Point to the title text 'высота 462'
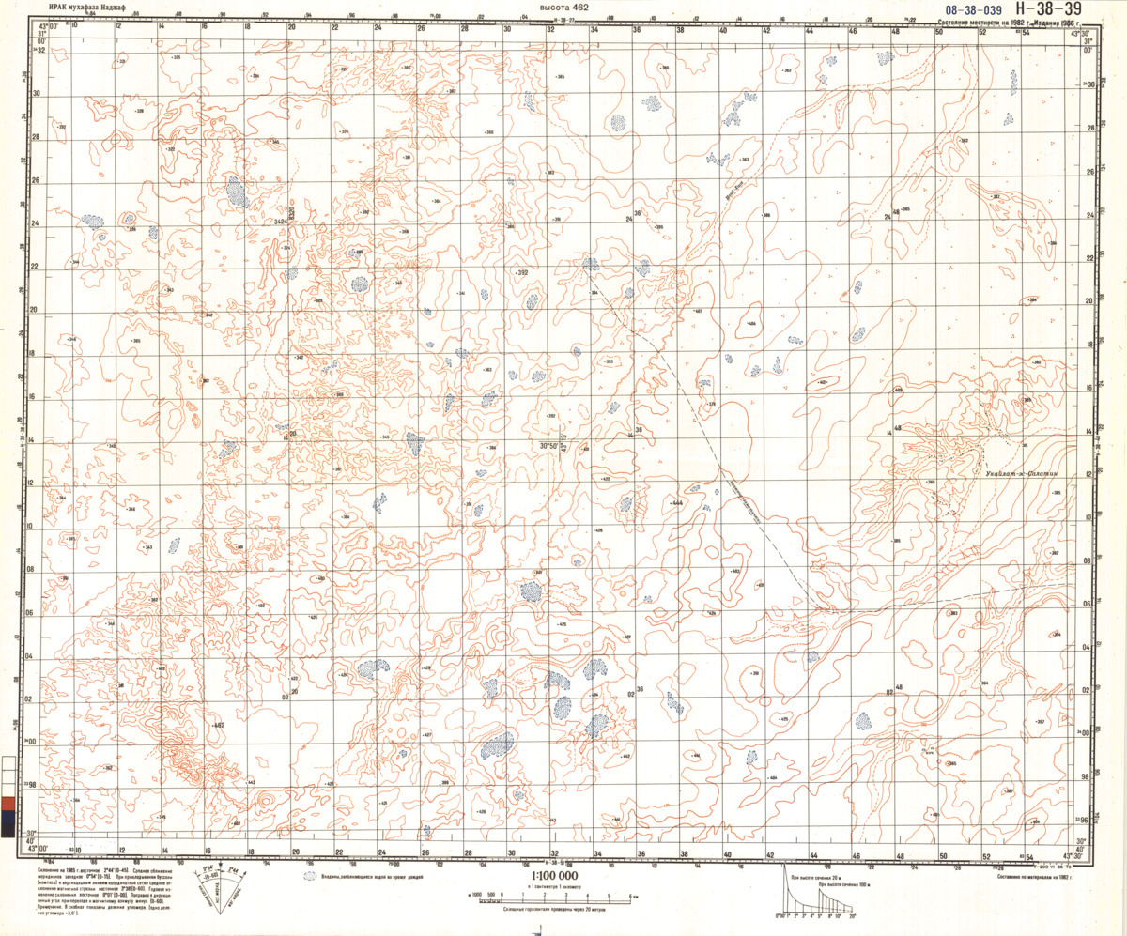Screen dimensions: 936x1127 pos(558,8)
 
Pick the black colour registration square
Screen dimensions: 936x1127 pos(8,832)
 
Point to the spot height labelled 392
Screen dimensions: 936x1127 pos(522,272)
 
